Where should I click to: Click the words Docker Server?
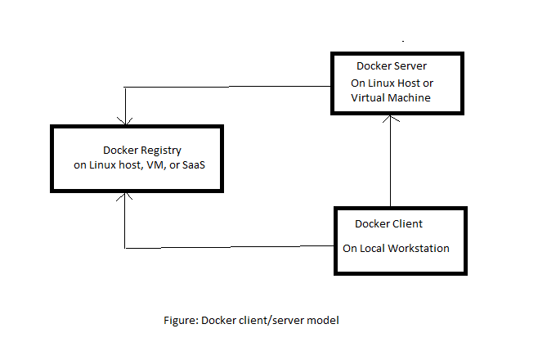click(390, 65)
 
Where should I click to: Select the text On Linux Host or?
click(391, 82)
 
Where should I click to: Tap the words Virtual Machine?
click(391, 97)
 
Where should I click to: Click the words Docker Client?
click(388, 223)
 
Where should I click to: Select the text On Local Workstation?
click(396, 248)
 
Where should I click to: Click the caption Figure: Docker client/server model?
click(251, 321)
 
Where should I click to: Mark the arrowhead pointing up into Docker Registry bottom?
click(124, 196)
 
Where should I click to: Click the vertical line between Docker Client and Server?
click(391, 164)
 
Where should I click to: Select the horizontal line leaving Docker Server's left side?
click(229, 87)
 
